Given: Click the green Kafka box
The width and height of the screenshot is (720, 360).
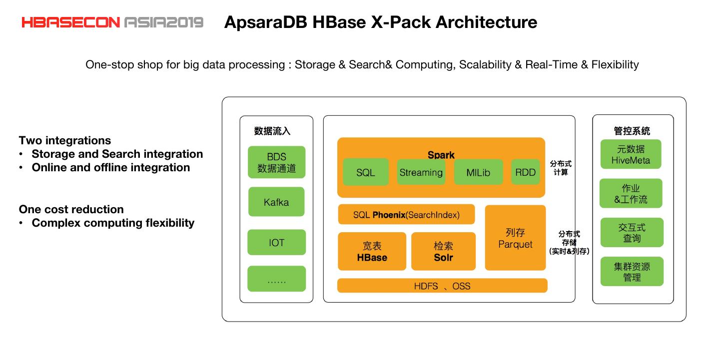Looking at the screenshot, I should (x=276, y=202).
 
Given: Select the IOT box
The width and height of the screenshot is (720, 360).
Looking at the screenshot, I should (x=276, y=242).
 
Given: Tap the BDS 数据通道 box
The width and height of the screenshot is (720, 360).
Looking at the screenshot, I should (x=276, y=162).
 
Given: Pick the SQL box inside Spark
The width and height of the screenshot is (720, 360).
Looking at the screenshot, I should (x=365, y=172).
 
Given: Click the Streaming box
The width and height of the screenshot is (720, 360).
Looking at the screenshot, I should (x=421, y=172).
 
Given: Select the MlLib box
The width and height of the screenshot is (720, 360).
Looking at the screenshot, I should (x=478, y=172).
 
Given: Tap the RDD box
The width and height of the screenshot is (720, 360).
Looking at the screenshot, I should (x=525, y=172).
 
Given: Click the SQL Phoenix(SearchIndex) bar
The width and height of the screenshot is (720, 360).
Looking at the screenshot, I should (x=406, y=215).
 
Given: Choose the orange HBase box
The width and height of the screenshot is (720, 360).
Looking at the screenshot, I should (x=372, y=251).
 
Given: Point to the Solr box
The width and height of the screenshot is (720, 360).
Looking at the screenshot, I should (x=443, y=251).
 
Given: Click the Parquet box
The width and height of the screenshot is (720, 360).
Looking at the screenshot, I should (x=515, y=238).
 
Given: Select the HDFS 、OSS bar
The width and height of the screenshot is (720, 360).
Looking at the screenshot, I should (x=442, y=286).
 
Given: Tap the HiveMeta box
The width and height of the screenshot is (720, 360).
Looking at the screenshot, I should (x=631, y=154).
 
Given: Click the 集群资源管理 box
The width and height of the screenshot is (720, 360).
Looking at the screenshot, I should (x=632, y=271).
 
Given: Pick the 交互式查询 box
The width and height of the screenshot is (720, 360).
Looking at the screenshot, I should (x=632, y=232).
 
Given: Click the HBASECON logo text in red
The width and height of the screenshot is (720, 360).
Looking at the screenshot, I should (x=70, y=22).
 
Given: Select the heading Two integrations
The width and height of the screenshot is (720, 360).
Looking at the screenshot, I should (x=65, y=140).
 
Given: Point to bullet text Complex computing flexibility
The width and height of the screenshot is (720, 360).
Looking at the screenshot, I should (x=113, y=223).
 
